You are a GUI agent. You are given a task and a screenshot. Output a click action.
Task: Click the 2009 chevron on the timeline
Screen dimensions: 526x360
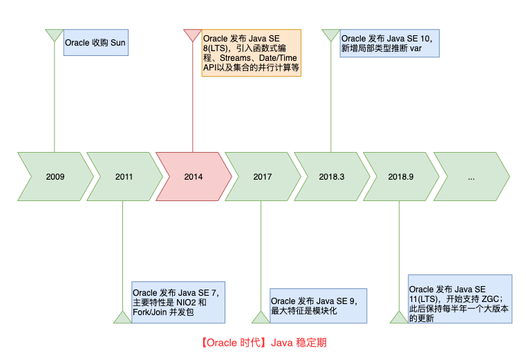tap(55, 177)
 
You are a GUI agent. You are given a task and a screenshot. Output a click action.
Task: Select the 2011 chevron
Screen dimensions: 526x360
tap(124, 177)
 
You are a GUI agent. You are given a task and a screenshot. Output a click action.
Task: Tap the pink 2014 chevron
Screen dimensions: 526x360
tap(194, 177)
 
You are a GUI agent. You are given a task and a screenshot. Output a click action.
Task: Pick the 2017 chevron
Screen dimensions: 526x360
tap(263, 177)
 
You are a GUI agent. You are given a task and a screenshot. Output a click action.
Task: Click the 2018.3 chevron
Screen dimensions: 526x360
tap(332, 177)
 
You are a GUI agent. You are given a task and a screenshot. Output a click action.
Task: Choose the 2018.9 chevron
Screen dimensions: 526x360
tap(401, 177)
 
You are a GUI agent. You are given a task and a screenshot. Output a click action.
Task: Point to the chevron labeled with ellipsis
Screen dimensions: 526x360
tap(471, 177)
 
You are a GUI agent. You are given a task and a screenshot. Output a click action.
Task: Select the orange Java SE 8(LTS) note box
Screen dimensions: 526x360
tap(251, 53)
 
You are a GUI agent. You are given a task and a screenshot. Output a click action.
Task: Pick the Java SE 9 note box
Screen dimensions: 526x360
tap(317, 306)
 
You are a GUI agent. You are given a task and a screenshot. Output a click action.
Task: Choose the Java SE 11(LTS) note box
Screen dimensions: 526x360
tap(460, 299)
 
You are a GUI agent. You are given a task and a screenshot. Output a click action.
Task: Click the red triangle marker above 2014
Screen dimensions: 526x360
tap(192, 34)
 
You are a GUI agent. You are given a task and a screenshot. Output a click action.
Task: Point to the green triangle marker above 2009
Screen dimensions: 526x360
tap(54, 34)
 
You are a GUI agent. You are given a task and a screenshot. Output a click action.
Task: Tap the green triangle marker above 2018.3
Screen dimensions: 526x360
tap(330, 34)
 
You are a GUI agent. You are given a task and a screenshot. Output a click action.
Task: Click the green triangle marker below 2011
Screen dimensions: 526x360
tap(122, 319)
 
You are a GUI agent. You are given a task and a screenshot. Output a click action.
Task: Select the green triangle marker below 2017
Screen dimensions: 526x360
tap(261, 319)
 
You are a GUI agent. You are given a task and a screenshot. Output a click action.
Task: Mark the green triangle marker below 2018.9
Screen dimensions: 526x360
tap(399, 319)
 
